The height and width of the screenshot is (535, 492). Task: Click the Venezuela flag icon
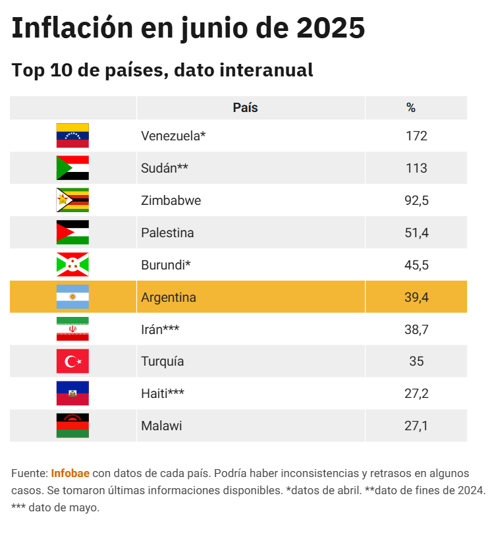[x=72, y=136]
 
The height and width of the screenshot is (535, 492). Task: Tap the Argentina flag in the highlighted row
[x=72, y=297]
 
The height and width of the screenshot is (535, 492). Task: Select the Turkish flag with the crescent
[x=72, y=361]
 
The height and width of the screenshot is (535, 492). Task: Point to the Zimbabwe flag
[x=72, y=200]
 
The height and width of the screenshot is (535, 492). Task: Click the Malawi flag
[x=72, y=426]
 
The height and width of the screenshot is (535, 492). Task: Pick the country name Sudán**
[x=165, y=168]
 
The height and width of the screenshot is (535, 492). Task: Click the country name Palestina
[x=167, y=233]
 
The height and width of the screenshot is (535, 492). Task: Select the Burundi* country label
[x=166, y=265]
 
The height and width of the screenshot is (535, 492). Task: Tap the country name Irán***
[x=160, y=329]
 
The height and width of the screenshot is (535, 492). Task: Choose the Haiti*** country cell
[x=163, y=393]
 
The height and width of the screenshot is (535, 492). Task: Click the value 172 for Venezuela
[x=416, y=136]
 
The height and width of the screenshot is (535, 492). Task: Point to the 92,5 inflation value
[x=416, y=200]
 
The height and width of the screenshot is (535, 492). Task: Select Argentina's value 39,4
[x=416, y=297]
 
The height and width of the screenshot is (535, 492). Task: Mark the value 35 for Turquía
[x=416, y=361]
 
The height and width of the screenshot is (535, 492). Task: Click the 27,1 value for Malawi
[x=416, y=426]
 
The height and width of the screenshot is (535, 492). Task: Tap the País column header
[x=245, y=108]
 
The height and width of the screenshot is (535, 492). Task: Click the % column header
[x=411, y=108]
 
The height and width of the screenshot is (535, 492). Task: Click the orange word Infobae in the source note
[x=70, y=474]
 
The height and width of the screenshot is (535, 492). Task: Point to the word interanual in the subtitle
[x=271, y=70]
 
